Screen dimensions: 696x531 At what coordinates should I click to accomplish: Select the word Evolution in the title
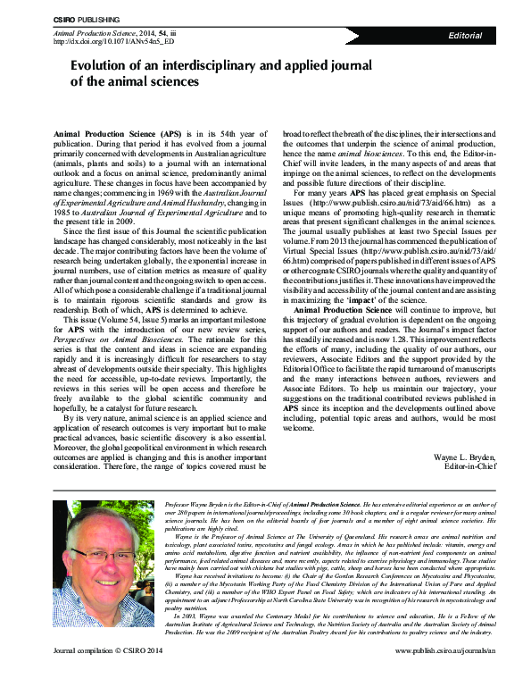coord(101,66)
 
